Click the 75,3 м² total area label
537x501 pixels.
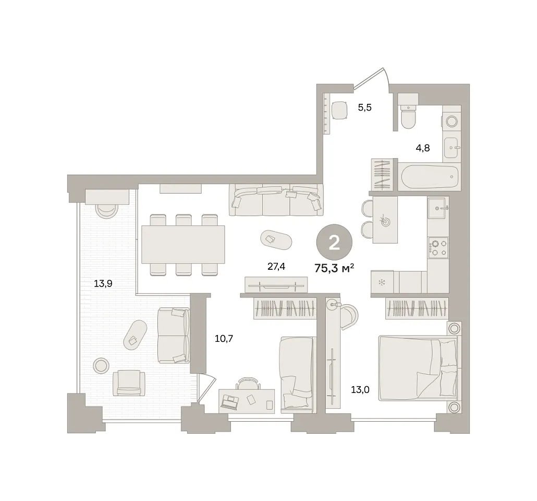pos(334,268)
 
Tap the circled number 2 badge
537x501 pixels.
pos(334,243)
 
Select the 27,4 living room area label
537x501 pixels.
pos(276,267)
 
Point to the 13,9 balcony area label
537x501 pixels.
pos(103,283)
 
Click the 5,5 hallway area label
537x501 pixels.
pos(365,108)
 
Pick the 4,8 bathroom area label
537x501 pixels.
pos(423,148)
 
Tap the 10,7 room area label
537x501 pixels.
pos(224,339)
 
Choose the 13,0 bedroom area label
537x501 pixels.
pos(360,389)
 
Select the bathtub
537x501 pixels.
pos(430,177)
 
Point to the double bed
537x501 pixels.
pos(418,369)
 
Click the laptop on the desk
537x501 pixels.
pos(229,401)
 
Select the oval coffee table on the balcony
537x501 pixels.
pos(135,335)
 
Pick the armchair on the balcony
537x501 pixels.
pos(129,383)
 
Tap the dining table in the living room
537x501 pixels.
pos(183,244)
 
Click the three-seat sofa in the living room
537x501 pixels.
pos(276,200)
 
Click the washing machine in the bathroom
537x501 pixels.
pos(451,122)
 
